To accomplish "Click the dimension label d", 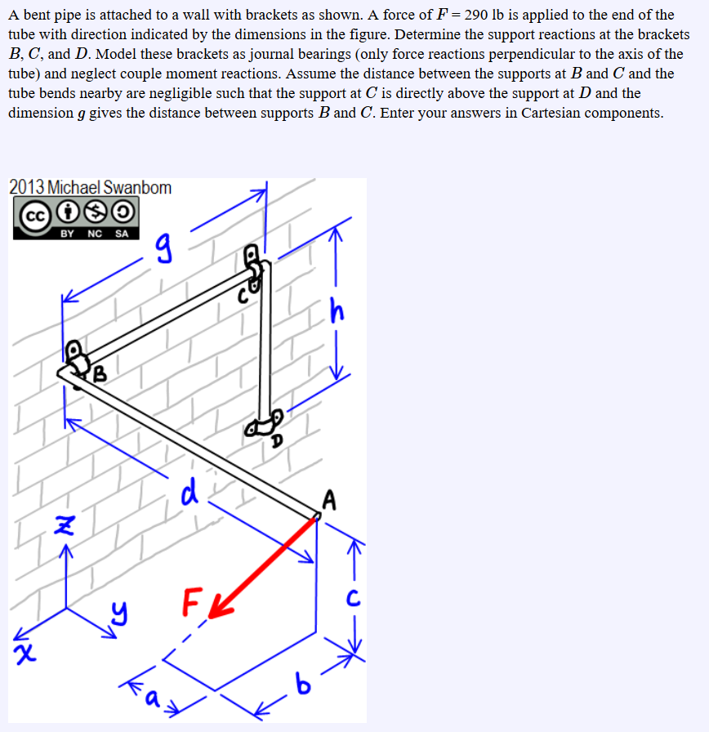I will (189, 493).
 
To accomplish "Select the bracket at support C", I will (256, 270).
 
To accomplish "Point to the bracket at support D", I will (266, 423).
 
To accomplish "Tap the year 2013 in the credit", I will (27, 187).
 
